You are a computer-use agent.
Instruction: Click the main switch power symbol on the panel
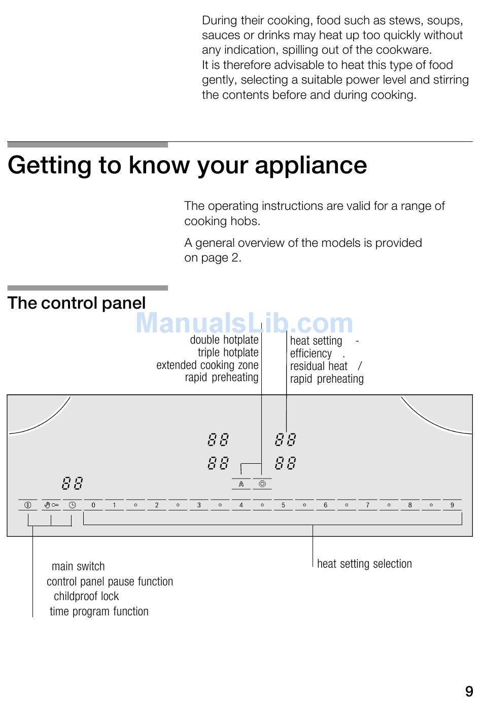click(x=28, y=505)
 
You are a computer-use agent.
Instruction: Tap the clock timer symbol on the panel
click(x=72, y=505)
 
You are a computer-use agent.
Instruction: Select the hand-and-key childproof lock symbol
click(x=51, y=505)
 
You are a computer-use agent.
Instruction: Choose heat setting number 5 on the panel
click(x=283, y=505)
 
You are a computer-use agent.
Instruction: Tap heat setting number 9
click(x=452, y=505)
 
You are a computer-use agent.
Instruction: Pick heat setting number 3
click(x=199, y=505)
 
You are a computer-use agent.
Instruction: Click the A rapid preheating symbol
click(x=241, y=484)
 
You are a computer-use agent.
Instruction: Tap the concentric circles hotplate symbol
click(x=262, y=484)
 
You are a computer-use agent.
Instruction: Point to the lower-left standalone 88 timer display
click(x=72, y=483)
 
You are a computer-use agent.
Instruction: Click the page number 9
click(x=469, y=691)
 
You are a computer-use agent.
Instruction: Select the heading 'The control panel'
click(x=77, y=303)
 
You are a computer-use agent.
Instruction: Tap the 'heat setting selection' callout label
click(x=364, y=564)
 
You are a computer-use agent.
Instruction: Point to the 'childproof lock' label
click(x=86, y=596)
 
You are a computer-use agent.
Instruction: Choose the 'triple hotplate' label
click(x=228, y=352)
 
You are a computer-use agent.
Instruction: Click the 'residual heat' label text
click(x=319, y=366)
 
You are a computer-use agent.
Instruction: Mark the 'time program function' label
click(x=99, y=611)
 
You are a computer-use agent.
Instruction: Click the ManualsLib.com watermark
click(x=244, y=323)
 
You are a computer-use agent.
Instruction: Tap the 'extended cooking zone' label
click(x=207, y=365)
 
